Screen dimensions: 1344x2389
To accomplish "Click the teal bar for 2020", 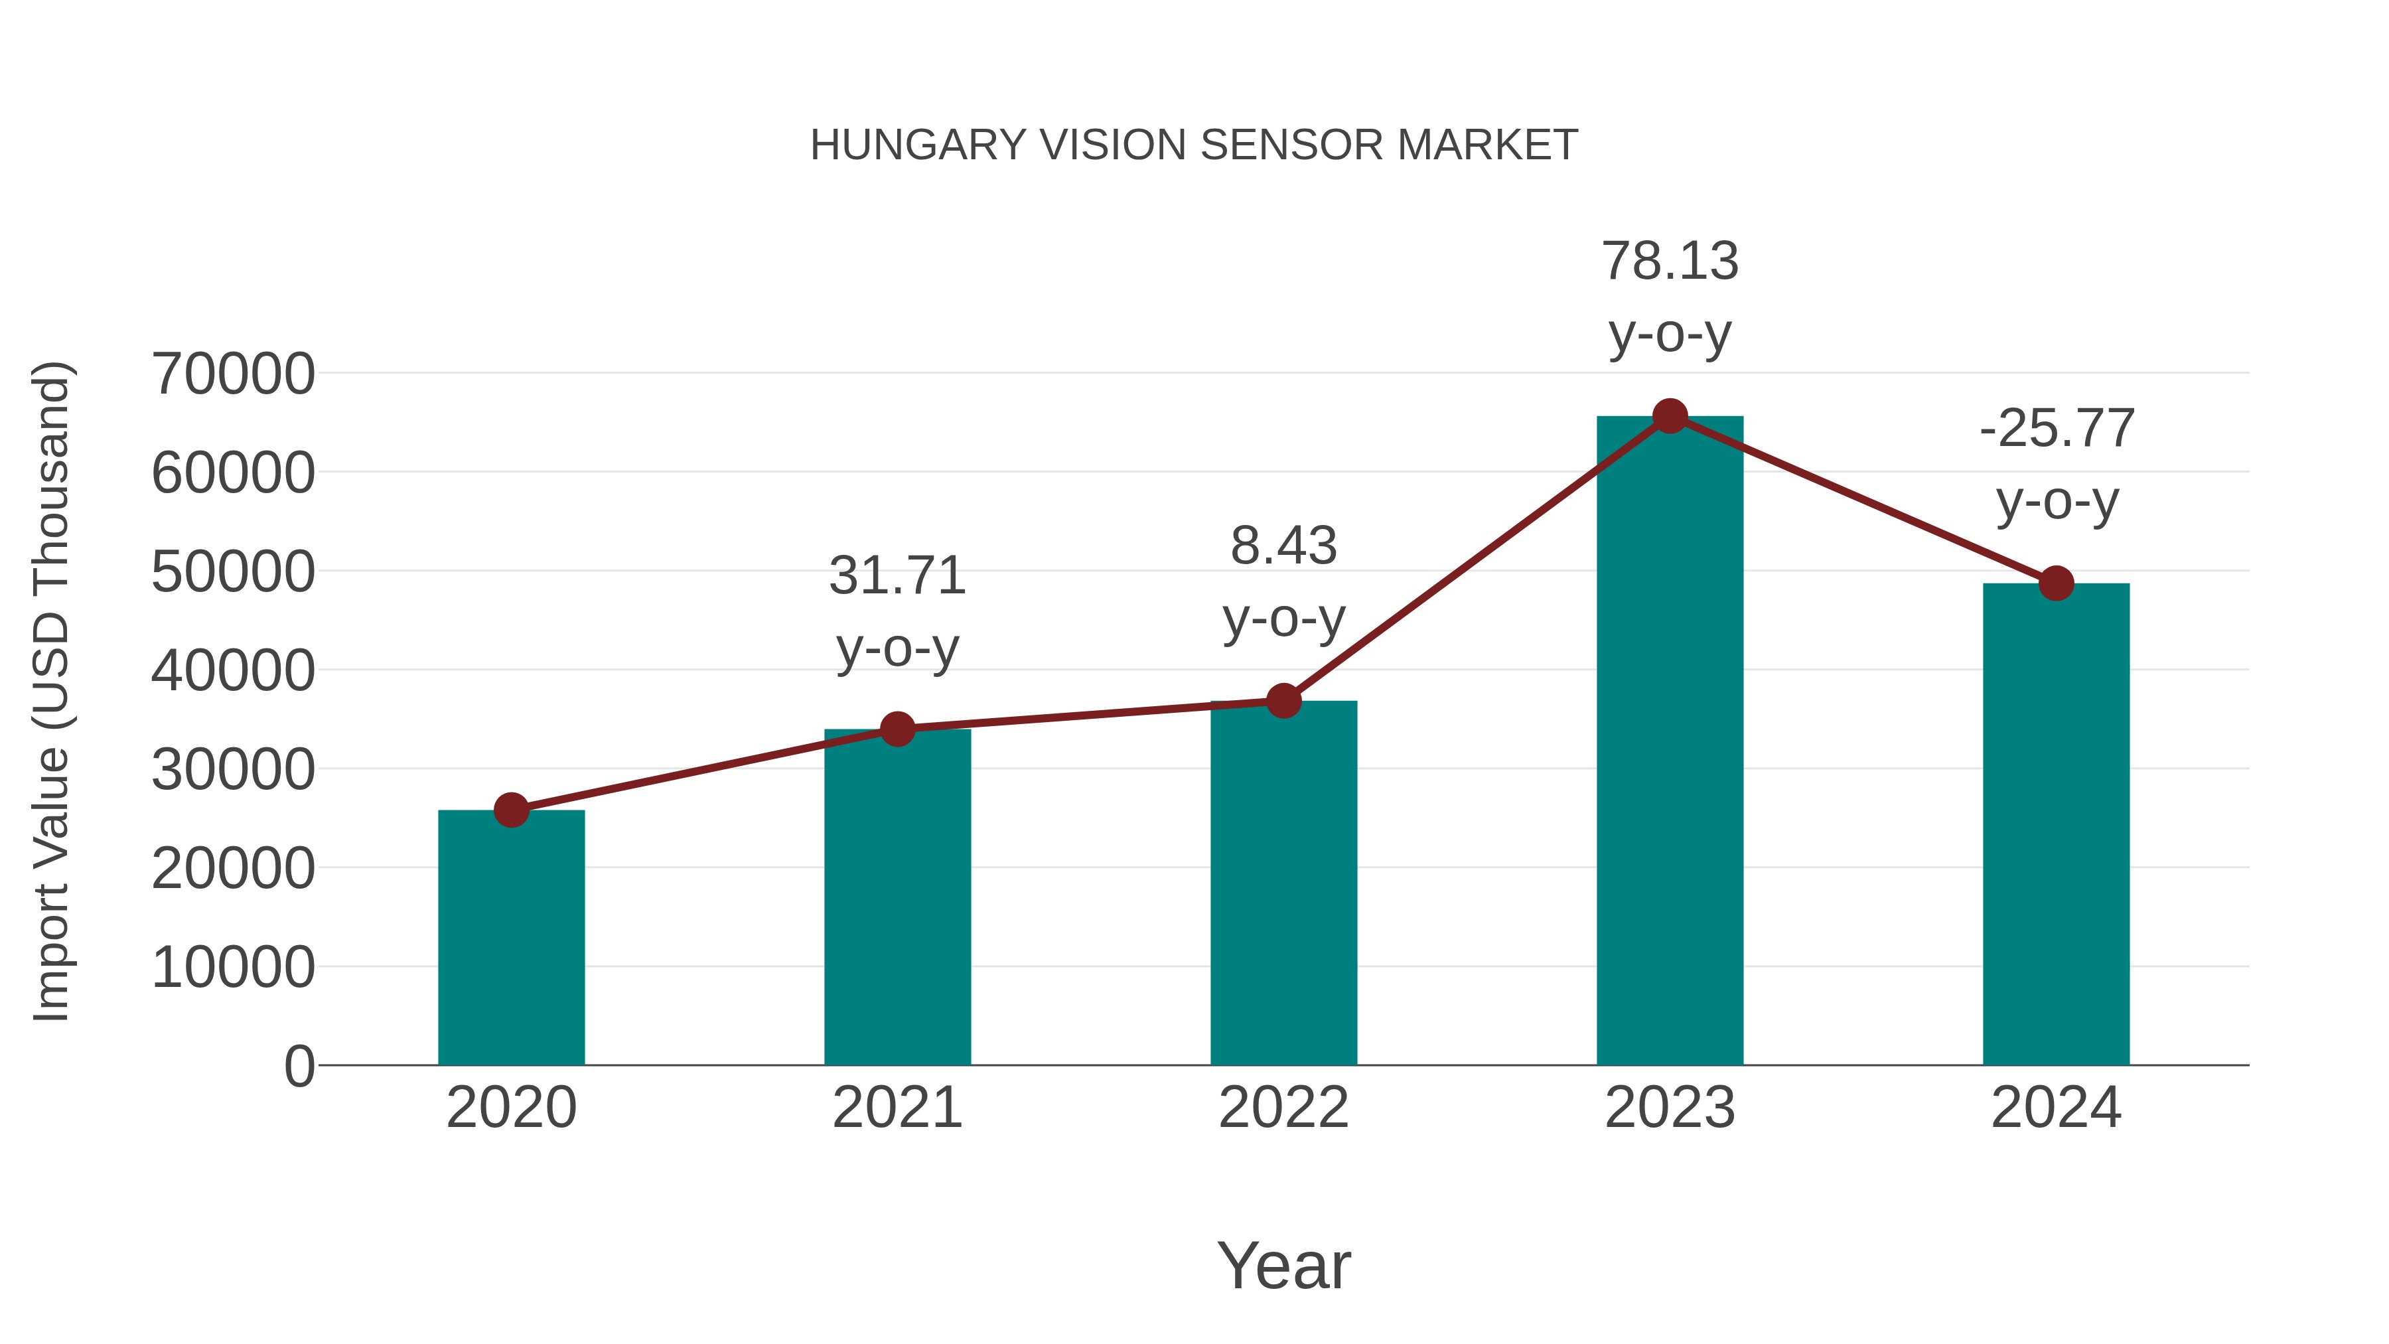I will tap(511, 936).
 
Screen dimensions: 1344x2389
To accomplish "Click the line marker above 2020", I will tap(511, 810).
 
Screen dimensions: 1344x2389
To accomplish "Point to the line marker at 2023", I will tap(1670, 416).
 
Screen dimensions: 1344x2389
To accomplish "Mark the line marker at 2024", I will tap(2056, 583).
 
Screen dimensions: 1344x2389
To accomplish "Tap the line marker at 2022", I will tap(1283, 702).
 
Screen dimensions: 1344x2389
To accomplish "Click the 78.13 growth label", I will tap(1670, 261).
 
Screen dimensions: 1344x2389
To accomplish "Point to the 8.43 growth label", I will tap(1283, 546).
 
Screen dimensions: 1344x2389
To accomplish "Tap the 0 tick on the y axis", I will tap(299, 1066).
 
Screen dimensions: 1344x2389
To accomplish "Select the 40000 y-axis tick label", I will tap(233, 670).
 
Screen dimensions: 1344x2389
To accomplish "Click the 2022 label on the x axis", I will tap(1283, 1108).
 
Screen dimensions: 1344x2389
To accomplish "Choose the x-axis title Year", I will tap(1283, 1265).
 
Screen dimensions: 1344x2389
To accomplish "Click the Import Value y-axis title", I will tap(52, 691).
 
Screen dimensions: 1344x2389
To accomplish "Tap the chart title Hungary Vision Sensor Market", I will tap(1194, 145).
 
